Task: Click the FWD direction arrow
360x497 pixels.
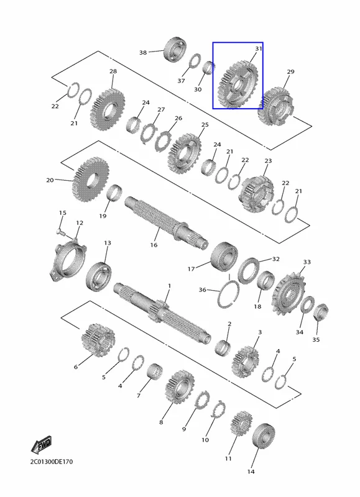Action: coord(41,445)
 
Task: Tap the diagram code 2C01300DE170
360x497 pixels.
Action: coord(52,462)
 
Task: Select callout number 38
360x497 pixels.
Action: coord(143,52)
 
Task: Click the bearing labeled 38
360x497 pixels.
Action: coord(175,50)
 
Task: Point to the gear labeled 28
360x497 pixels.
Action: coord(107,110)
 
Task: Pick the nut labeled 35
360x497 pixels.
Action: coord(320,312)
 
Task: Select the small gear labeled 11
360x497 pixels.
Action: coord(241,424)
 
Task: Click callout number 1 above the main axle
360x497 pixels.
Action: coord(169,286)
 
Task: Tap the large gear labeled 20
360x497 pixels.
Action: coord(91,180)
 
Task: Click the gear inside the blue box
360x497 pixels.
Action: coord(238,84)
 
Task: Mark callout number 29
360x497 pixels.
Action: coord(290,71)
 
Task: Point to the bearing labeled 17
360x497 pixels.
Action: coord(224,257)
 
